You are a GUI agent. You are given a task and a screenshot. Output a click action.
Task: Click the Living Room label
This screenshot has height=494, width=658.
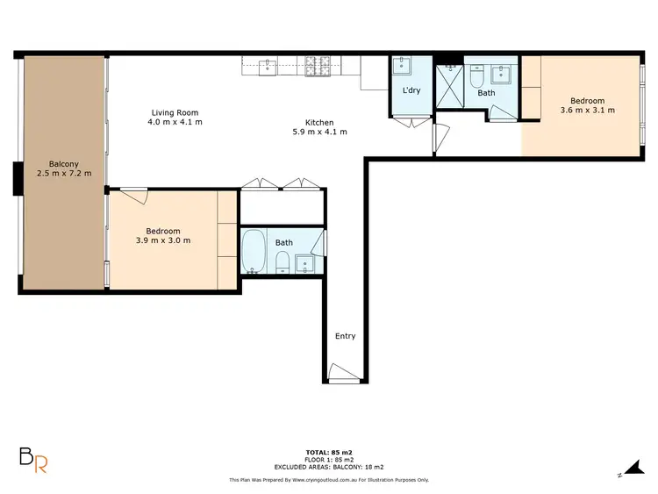(x=175, y=112)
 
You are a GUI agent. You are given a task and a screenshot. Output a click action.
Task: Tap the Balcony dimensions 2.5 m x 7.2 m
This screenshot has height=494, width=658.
(x=64, y=174)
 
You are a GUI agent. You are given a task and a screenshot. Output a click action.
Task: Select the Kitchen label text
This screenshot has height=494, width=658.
(x=319, y=122)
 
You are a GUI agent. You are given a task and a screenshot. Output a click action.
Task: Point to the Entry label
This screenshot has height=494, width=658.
(x=346, y=336)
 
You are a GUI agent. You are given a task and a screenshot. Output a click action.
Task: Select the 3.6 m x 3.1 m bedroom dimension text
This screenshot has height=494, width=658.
(x=587, y=111)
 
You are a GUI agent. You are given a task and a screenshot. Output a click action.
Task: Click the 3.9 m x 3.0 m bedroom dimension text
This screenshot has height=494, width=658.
(x=163, y=240)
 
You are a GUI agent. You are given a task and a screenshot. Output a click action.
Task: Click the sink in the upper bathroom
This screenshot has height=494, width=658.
(x=504, y=71)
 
